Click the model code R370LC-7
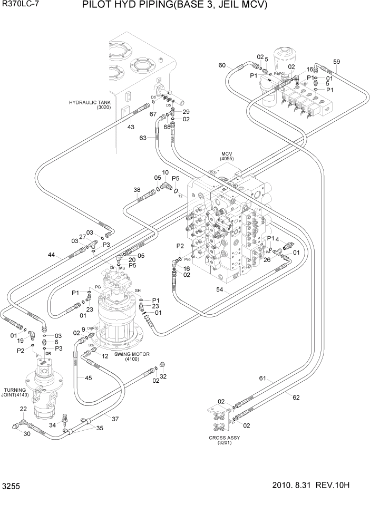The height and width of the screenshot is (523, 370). tap(21, 6)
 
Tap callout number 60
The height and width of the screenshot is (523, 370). tap(222, 65)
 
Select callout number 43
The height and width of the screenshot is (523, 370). tap(131, 127)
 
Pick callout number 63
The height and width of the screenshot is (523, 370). tap(142, 138)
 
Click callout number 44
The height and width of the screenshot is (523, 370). tap(51, 255)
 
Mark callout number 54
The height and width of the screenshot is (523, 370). tap(220, 289)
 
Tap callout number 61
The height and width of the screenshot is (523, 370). tap(263, 378)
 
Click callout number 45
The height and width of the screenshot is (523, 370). tap(88, 377)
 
